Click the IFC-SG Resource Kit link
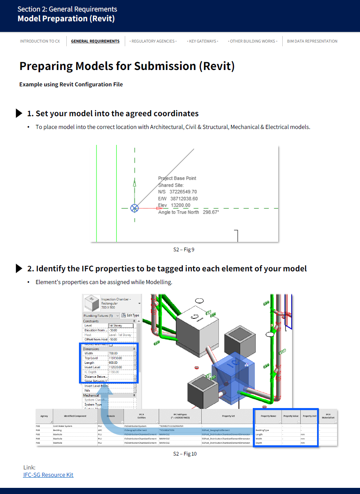tap(48, 475)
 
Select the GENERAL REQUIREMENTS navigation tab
tap(95, 41)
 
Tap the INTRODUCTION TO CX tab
tap(40, 41)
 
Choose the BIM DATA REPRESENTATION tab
tap(312, 41)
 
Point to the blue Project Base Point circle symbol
tap(135, 208)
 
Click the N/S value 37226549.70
tap(183, 192)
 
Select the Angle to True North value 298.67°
tap(211, 212)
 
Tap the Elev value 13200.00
tap(180, 205)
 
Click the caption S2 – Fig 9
tap(184, 249)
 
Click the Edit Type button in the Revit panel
tap(130, 316)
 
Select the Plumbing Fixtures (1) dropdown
tap(101, 316)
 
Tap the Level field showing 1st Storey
tap(120, 326)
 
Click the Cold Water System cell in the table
tap(63, 426)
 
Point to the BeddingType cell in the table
tap(262, 430)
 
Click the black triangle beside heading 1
tap(19, 113)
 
